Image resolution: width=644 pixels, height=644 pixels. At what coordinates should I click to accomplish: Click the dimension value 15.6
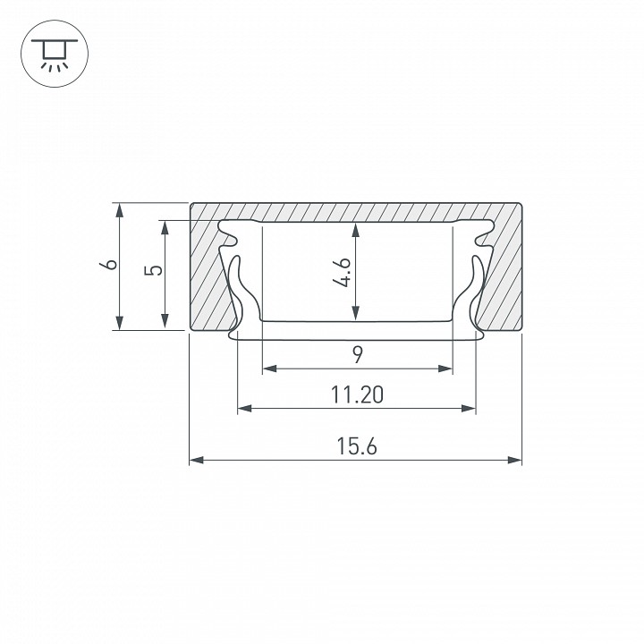[x=357, y=446]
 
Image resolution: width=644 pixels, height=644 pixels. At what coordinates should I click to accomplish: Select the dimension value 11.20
[x=357, y=394]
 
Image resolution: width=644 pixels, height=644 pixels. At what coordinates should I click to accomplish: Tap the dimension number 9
[x=358, y=355]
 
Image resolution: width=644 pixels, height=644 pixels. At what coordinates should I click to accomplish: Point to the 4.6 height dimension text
[x=342, y=272]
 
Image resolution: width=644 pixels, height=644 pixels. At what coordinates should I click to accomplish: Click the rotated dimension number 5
[x=153, y=270]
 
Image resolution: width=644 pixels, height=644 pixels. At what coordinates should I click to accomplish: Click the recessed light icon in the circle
[x=55, y=54]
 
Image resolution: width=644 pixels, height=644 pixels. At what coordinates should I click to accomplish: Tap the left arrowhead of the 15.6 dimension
[x=196, y=460]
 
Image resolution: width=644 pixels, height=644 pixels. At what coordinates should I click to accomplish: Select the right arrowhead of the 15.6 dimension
[x=514, y=460]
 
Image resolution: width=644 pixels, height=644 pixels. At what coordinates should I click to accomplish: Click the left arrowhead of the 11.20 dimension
[x=245, y=408]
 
